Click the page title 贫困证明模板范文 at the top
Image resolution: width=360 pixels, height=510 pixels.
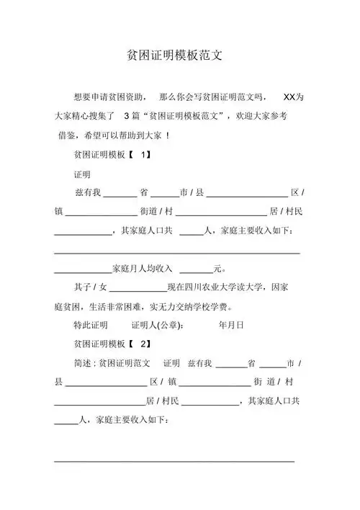[180, 55]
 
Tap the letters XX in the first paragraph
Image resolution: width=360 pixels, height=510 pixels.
[290, 97]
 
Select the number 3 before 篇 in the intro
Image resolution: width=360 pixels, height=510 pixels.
[127, 115]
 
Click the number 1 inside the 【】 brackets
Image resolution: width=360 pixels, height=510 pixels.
[143, 154]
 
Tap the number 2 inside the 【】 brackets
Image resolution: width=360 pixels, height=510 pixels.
[143, 343]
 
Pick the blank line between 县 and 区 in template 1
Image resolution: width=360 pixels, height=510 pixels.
[248, 194]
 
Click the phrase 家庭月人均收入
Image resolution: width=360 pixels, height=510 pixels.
[143, 269]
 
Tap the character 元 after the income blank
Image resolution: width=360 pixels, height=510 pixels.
[218, 269]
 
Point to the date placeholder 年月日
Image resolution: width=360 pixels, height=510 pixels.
[231, 324]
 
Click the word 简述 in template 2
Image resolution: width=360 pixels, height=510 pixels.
[84, 362]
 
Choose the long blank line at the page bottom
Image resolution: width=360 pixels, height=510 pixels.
[175, 460]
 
